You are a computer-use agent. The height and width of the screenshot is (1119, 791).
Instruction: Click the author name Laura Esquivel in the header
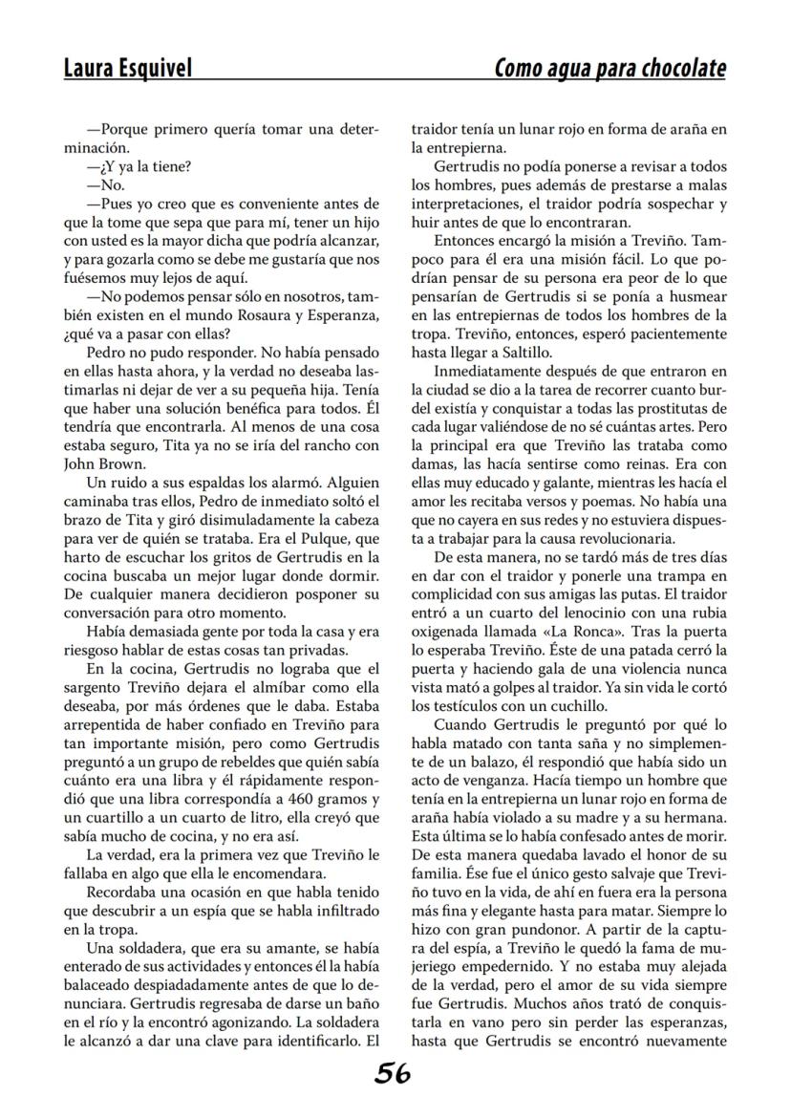tap(127, 68)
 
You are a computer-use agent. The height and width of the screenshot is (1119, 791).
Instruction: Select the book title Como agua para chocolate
tap(609, 68)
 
